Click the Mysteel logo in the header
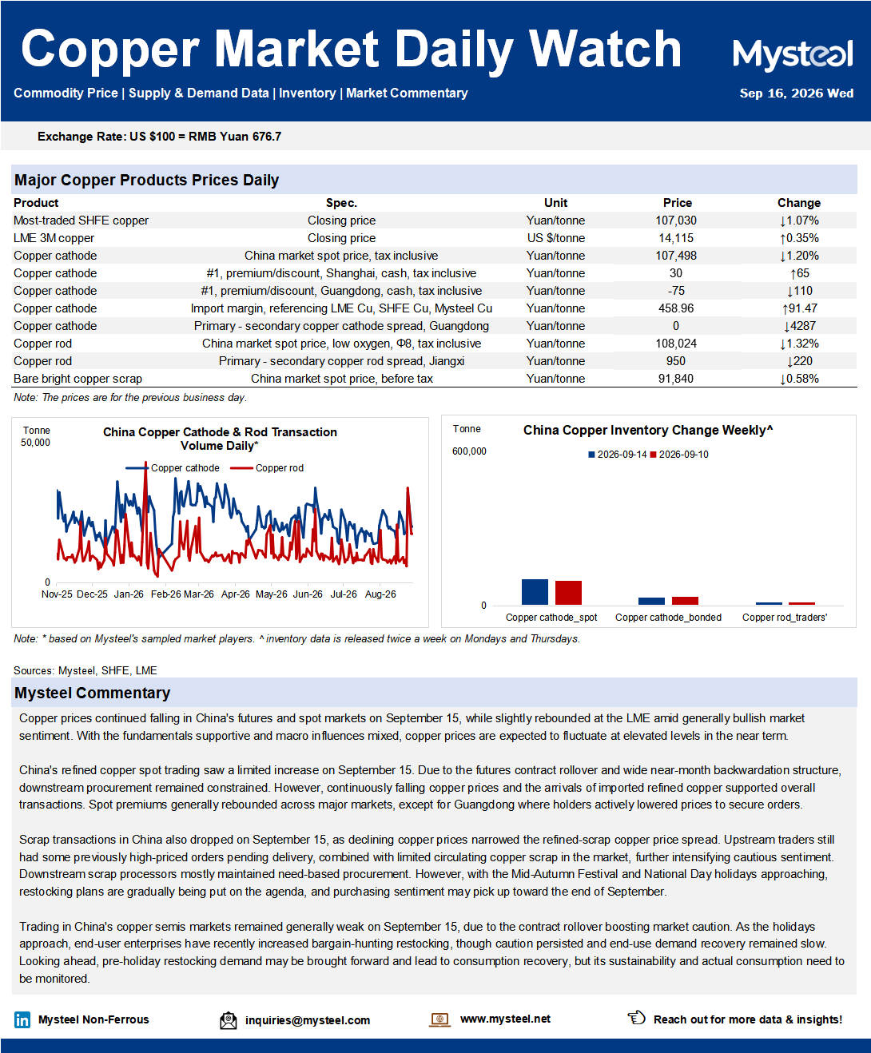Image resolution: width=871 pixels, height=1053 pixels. pos(793,54)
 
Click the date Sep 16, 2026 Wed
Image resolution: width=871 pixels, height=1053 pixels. pos(797,93)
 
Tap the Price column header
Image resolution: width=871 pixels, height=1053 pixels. pos(677,203)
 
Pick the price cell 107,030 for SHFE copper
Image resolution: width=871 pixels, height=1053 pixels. pos(676,221)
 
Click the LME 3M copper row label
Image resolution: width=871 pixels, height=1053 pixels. pos(54,238)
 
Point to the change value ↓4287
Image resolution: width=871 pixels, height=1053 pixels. pos(799,326)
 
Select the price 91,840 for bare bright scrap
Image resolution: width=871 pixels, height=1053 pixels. pos(676,379)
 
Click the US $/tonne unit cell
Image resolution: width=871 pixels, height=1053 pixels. pos(556,238)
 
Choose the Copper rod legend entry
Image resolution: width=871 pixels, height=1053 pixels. pos(268,468)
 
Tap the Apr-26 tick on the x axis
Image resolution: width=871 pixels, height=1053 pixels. pos(236,594)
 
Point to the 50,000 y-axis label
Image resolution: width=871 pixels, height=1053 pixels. pos(35,443)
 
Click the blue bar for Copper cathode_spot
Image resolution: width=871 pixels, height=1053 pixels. pos(535,592)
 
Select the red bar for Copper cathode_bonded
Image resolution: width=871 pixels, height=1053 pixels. pos(685,601)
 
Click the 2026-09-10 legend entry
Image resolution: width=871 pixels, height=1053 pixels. pos(679,455)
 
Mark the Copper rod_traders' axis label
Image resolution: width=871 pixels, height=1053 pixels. pos(784,618)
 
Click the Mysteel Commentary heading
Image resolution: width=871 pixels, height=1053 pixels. pos(93,693)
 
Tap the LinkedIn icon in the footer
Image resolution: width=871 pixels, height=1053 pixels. pos(22,1019)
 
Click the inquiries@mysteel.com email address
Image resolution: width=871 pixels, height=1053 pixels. pos(308,1020)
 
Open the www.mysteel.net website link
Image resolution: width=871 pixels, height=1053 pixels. pos(505,1019)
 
